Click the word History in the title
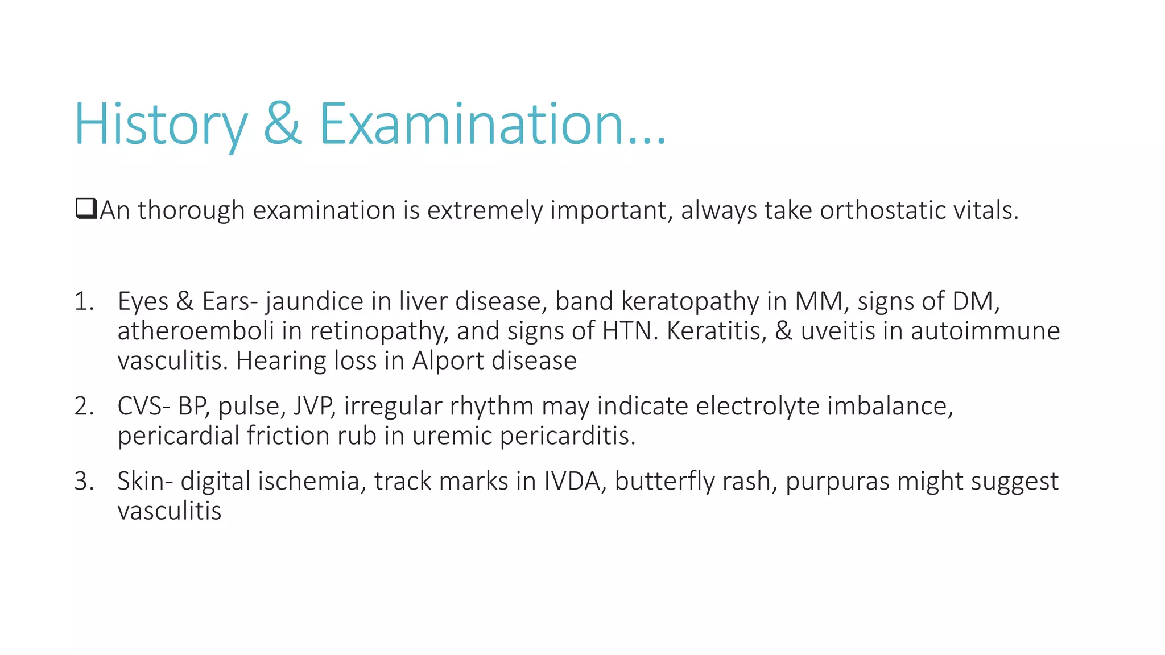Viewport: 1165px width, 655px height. tap(160, 124)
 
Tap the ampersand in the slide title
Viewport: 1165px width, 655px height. tap(283, 124)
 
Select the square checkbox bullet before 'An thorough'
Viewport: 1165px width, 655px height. tap(86, 209)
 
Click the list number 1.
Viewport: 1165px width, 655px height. tap(83, 301)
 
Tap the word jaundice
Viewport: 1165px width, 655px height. tap(314, 301)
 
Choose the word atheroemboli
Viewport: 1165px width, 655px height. tap(196, 331)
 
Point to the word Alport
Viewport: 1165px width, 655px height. tap(447, 361)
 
